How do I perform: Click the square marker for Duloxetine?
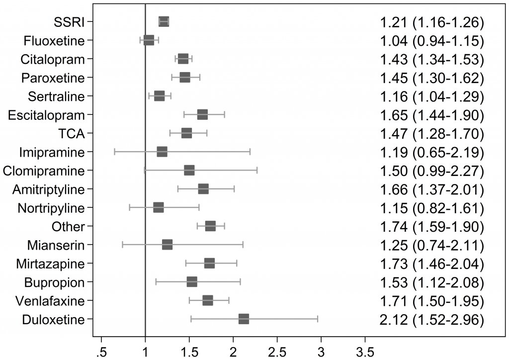coord(244,319)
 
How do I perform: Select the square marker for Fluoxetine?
coord(149,40)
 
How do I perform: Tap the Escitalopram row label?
coord(47,115)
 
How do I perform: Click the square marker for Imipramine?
coord(162,152)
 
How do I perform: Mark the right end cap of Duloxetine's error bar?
coord(317,319)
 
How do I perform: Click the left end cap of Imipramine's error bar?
coord(115,152)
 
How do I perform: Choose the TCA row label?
coord(72,133)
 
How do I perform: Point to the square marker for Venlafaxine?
coord(208,300)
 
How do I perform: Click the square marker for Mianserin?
coord(167,245)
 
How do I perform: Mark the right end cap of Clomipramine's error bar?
coord(256,171)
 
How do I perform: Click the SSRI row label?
coord(70,22)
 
